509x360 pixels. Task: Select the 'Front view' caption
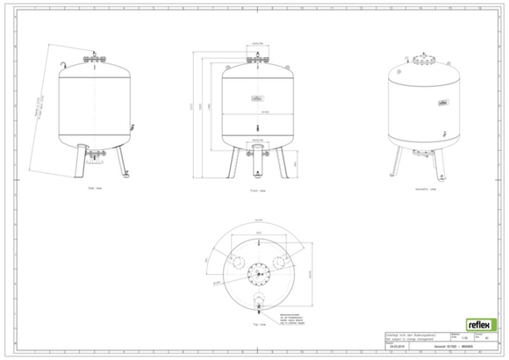pyautogui.click(x=256, y=188)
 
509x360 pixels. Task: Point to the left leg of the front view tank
pyautogui.click(x=233, y=162)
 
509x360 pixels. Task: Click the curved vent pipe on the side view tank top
pyautogui.click(x=64, y=65)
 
